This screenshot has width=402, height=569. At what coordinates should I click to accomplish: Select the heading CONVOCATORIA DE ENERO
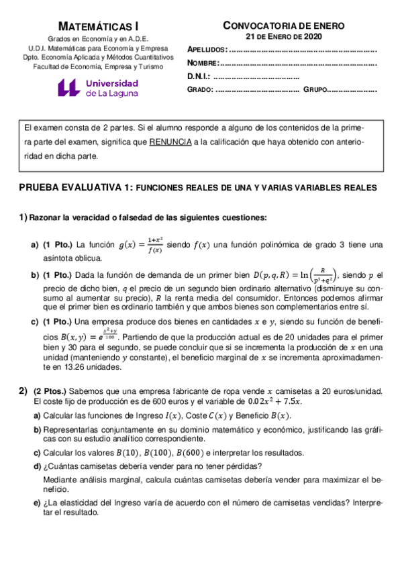[284, 25]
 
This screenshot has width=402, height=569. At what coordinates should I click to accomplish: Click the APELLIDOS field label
[207, 50]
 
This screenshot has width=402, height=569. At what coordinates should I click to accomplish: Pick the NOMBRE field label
[203, 63]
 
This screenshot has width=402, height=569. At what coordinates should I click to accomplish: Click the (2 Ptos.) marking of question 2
[49, 391]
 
